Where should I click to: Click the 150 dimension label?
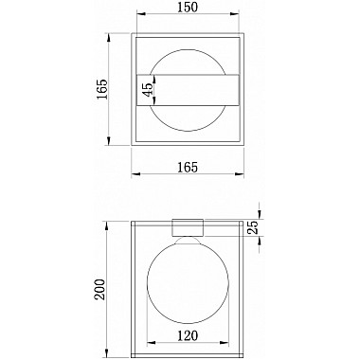(x=186, y=9)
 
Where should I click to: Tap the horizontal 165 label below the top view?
(x=186, y=166)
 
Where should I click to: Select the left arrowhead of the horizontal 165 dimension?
(x=134, y=175)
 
